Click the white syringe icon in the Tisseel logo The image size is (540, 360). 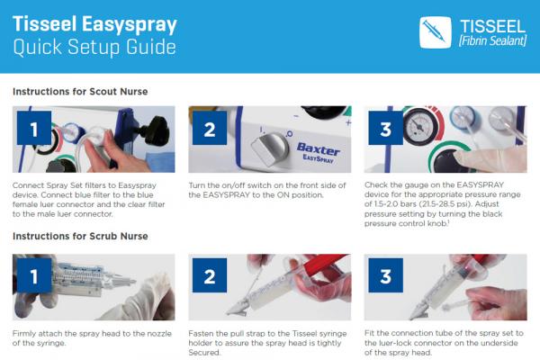(x=435, y=31)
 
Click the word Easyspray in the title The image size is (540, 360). (x=129, y=25)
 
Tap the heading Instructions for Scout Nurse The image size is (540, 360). (x=80, y=92)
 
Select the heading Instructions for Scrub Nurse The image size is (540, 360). (x=80, y=237)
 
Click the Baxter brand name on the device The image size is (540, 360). (x=319, y=148)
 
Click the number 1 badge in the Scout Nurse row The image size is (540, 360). (x=34, y=128)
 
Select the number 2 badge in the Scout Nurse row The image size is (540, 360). (x=210, y=128)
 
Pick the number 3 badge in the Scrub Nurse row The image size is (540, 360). (x=386, y=275)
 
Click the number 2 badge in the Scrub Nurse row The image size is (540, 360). (x=210, y=275)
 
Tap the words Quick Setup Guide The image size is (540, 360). (x=94, y=47)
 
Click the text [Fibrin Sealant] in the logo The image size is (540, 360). (x=492, y=41)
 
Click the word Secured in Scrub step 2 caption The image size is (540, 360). (x=203, y=353)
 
